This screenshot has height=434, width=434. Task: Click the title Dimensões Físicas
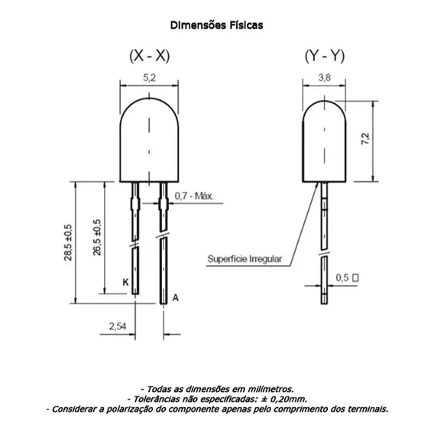coord(216,25)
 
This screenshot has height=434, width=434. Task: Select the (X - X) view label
coord(150,56)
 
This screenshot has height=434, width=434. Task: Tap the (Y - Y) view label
coord(325,56)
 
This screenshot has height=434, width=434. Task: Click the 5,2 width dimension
coord(150,78)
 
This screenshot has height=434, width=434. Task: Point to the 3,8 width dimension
coord(325,78)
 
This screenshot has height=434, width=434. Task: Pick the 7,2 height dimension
coord(365,138)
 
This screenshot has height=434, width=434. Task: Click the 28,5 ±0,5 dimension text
coord(68,242)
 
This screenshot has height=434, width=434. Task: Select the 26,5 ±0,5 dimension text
coord(97,237)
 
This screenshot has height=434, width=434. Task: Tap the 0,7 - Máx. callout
coord(194,196)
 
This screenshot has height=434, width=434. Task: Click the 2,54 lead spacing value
coord(118,326)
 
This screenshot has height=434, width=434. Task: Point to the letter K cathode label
coord(125,282)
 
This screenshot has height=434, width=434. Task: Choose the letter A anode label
coord(176,298)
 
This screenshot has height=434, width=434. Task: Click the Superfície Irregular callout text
coord(245,259)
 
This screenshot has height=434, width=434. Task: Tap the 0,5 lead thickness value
coord(342,277)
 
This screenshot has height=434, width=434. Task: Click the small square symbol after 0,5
coord(355,277)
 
